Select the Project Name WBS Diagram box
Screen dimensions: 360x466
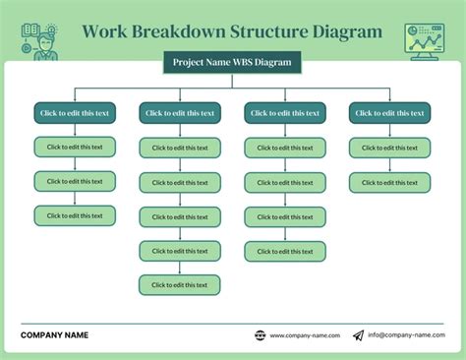point(232,63)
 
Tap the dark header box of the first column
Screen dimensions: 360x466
point(75,113)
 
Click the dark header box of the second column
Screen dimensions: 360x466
point(180,113)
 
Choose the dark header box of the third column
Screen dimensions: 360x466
point(285,113)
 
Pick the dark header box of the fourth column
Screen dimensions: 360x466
point(389,113)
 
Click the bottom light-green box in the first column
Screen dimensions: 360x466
point(75,215)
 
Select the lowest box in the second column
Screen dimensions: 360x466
point(180,285)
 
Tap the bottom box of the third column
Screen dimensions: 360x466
point(285,251)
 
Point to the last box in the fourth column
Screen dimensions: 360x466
point(389,182)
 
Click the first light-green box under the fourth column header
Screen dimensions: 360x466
point(389,148)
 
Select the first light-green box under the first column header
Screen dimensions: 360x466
point(75,148)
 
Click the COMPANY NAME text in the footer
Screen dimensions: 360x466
point(54,335)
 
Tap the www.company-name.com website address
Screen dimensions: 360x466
point(305,335)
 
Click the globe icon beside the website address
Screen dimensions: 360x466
point(260,335)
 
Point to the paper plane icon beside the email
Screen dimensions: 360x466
point(358,335)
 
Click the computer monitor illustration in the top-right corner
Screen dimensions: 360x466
point(424,40)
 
